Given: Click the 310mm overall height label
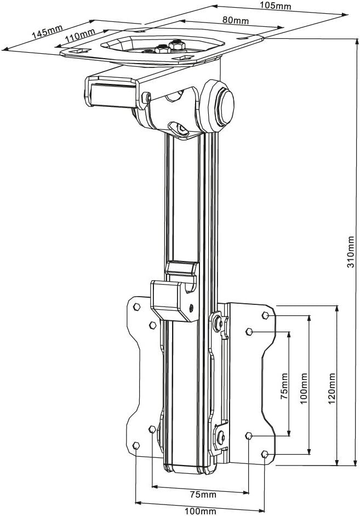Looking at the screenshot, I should pyautogui.click(x=351, y=252).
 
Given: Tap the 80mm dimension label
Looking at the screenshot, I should pyautogui.click(x=236, y=20).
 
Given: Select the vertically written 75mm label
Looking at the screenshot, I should pyautogui.click(x=284, y=387).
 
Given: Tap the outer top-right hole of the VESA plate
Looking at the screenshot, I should pyautogui.click(x=265, y=315).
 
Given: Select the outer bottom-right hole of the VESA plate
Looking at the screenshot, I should pyautogui.click(x=265, y=453).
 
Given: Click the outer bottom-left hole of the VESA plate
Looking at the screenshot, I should pyautogui.click(x=136, y=445).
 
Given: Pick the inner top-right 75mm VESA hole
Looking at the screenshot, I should pyautogui.click(x=249, y=331).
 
